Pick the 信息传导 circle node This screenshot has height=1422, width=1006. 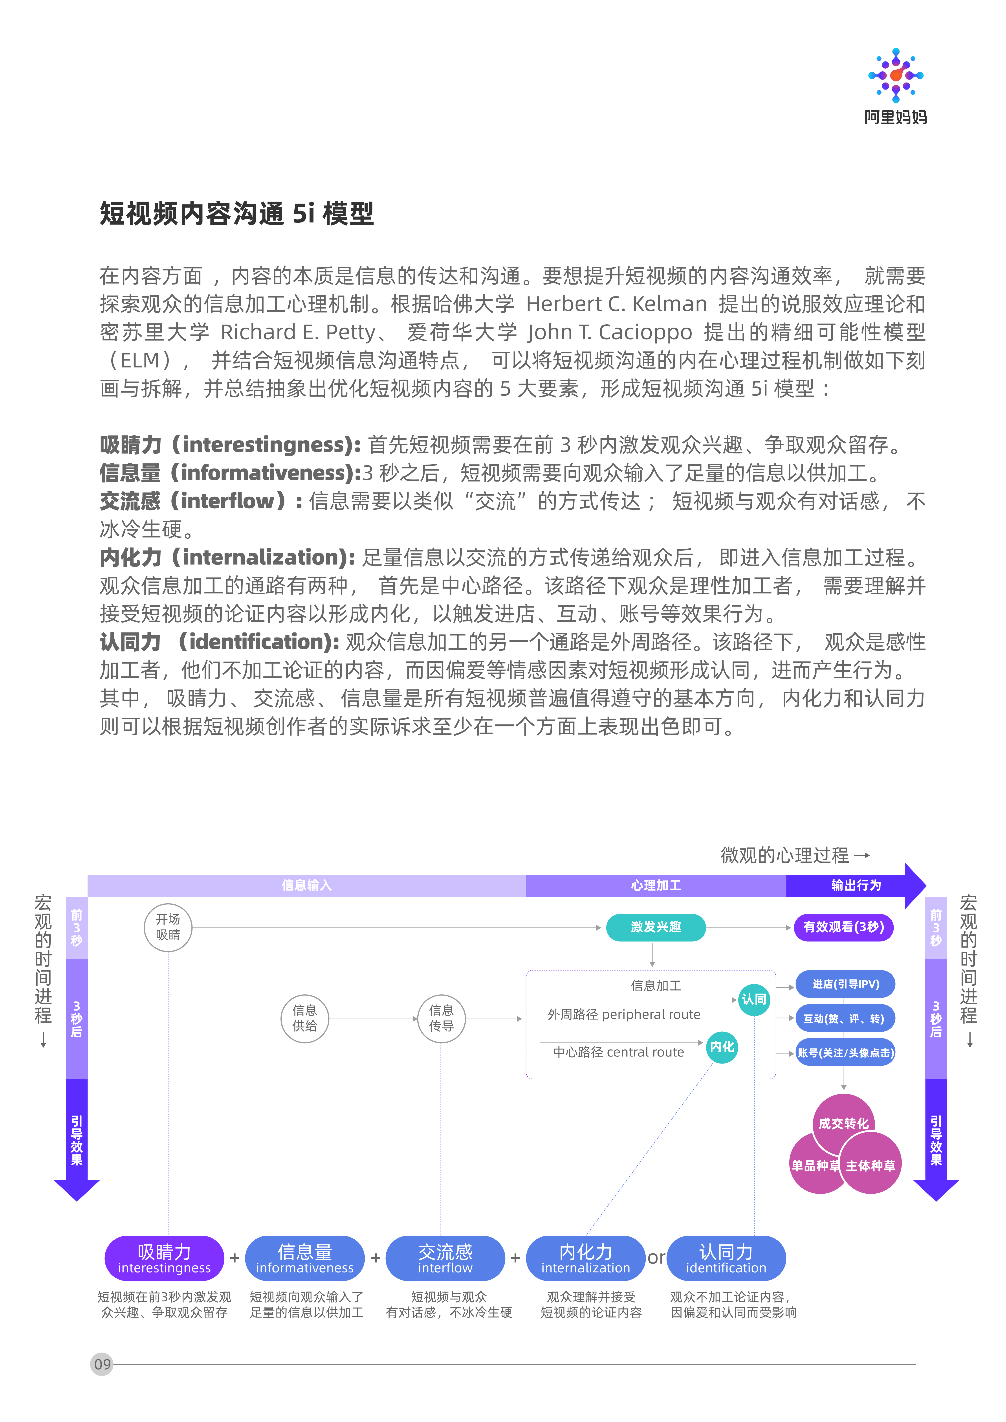click(441, 1018)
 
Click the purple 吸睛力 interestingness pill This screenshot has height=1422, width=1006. click(164, 1258)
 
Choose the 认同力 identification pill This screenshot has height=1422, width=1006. click(726, 1258)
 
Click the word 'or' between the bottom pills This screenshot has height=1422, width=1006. click(656, 1258)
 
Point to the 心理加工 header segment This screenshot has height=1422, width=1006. click(656, 886)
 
